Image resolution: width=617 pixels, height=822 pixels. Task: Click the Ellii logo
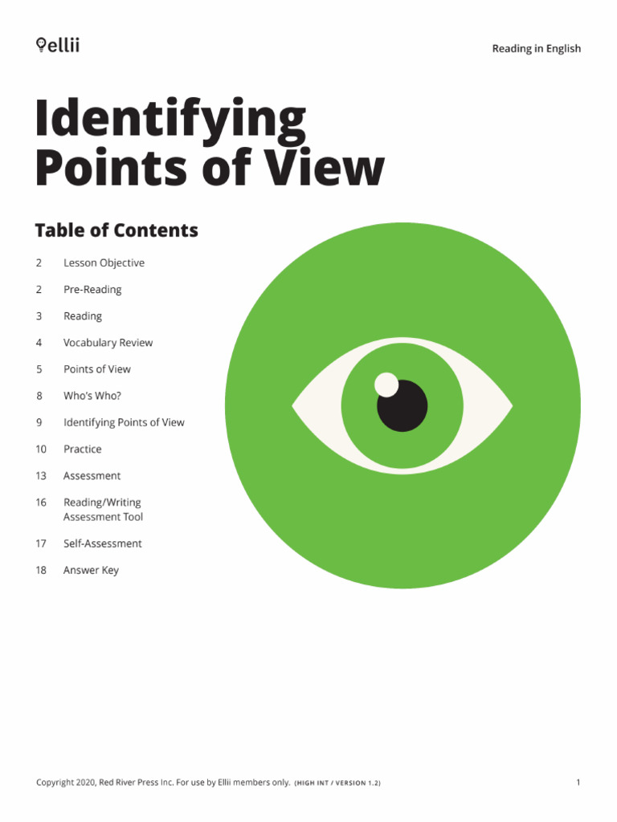58,46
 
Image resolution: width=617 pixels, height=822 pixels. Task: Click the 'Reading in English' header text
536,49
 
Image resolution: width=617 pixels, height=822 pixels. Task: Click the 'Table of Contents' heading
116,230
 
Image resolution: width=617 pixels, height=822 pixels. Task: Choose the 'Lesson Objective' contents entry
104,263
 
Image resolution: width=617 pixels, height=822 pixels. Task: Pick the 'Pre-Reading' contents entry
92,290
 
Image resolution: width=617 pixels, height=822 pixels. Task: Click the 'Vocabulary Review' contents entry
108,343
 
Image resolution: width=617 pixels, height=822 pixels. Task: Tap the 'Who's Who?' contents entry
92,396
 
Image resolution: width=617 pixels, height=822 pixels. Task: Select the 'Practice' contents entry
83,450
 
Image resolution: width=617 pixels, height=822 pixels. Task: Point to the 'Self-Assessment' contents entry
102,543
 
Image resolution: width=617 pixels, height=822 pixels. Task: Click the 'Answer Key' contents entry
91,571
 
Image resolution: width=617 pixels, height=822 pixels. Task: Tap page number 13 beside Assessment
41,476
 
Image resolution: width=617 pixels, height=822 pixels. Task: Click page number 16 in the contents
41,503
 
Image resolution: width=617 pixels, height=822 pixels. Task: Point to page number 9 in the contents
39,422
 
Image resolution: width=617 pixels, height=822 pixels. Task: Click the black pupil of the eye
403,405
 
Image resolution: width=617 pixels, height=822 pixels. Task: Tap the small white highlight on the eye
386,385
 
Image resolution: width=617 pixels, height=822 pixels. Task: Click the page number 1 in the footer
578,783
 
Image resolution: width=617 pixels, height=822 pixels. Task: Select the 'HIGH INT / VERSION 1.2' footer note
337,783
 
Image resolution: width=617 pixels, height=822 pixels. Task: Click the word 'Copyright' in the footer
59,783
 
